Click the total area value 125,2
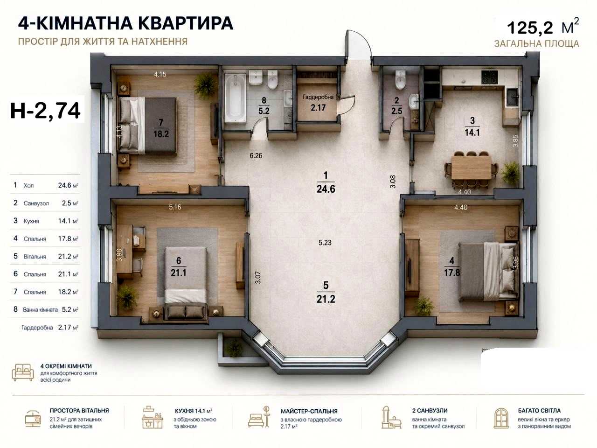[530, 28]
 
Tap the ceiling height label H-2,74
[45, 111]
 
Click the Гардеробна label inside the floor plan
[318, 97]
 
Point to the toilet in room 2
[400, 79]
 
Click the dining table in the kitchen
[471, 167]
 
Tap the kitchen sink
[513, 98]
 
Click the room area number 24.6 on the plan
[326, 189]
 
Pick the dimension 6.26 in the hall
[256, 155]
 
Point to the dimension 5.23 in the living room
[325, 242]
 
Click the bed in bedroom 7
[148, 126]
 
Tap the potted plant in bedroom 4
[423, 306]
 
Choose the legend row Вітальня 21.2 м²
[46, 256]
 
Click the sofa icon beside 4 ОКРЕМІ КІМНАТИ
[23, 372]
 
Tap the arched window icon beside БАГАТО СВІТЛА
[501, 418]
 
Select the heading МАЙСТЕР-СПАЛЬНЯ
[309, 411]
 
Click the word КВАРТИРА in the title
[186, 23]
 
